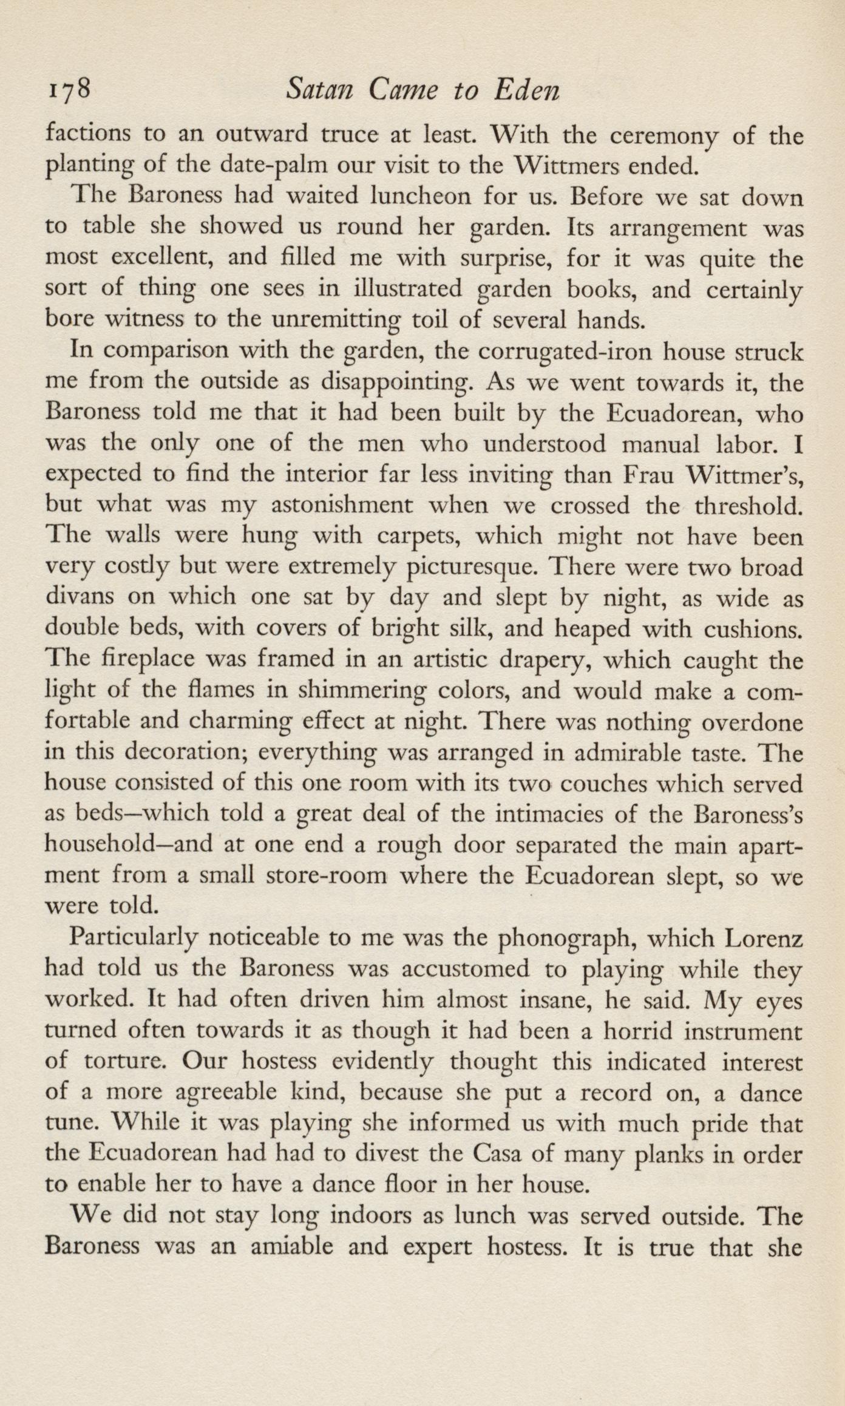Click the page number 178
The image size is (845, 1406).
point(67,91)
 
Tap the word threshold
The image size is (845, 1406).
point(749,505)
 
